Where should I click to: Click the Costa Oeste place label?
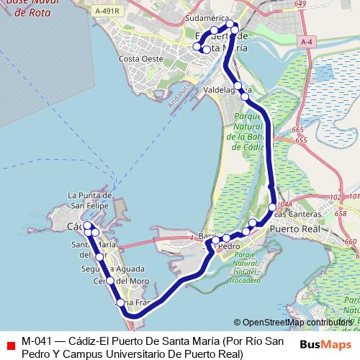pos(139,58)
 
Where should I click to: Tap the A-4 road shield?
pos(307,42)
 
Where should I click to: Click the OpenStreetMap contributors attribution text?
pos(296,323)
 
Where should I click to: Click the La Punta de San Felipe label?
pos(89,199)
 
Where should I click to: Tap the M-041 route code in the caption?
pos(37,341)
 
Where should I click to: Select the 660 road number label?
pos(351,242)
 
